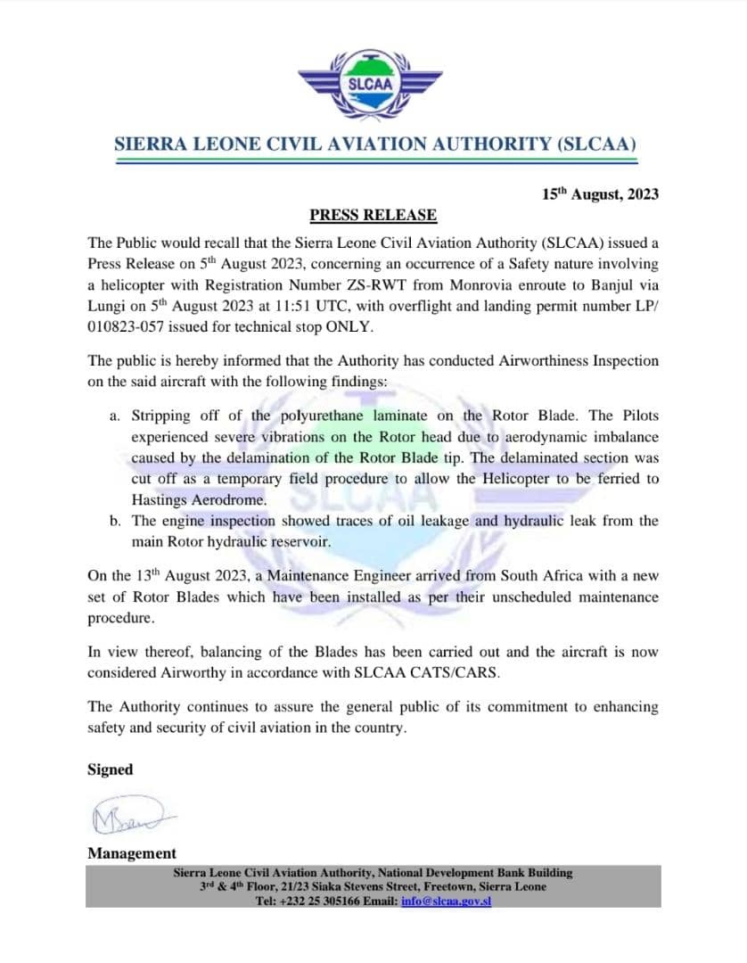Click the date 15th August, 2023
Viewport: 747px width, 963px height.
tap(601, 193)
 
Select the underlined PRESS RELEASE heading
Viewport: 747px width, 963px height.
tap(373, 215)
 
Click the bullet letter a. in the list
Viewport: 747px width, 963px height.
tap(115, 416)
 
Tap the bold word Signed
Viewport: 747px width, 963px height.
tap(111, 770)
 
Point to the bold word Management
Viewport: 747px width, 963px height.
tap(132, 853)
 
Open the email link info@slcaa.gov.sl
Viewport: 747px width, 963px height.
tap(447, 901)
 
